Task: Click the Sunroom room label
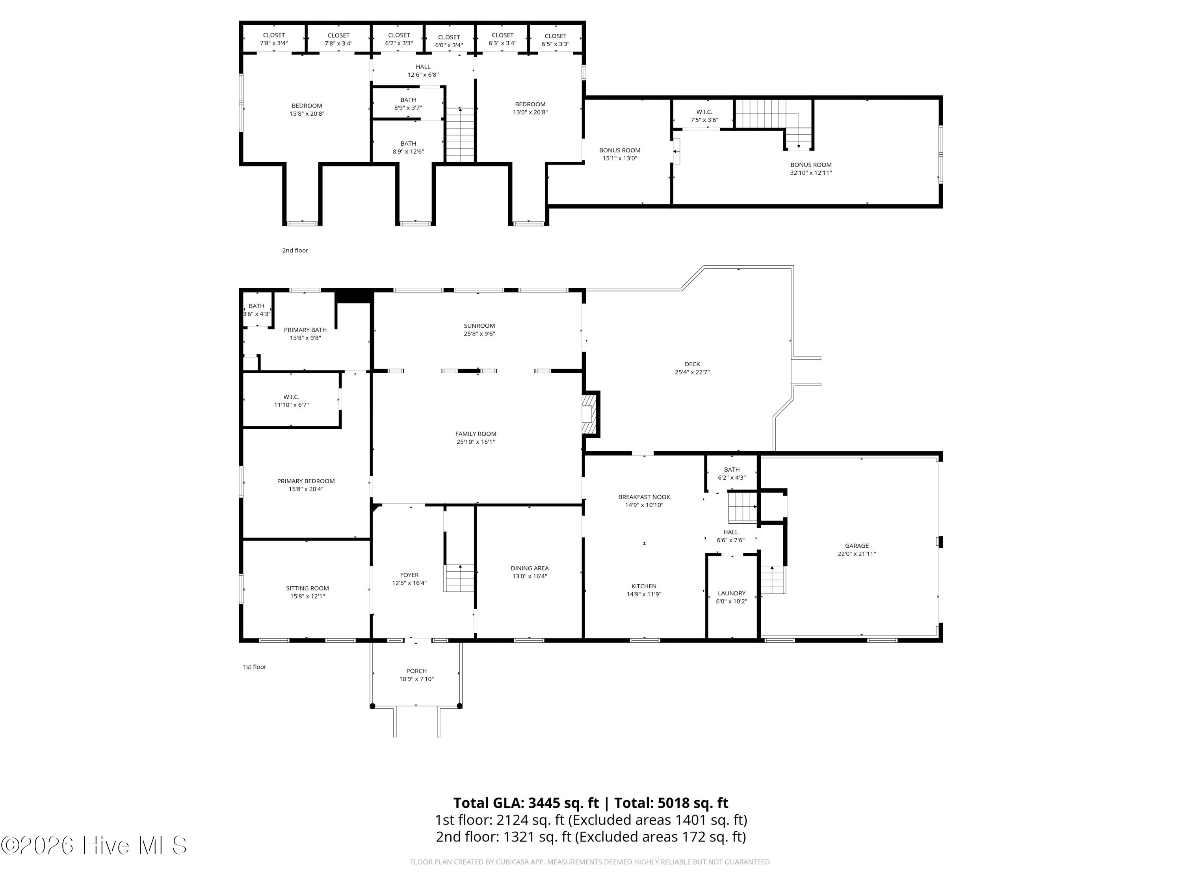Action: [x=479, y=326]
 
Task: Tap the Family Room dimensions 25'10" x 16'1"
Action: [x=476, y=442]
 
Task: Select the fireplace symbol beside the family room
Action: [x=589, y=414]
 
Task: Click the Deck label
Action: [x=692, y=364]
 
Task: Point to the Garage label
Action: [x=857, y=546]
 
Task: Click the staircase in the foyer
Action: [x=459, y=578]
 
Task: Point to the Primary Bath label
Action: [x=305, y=330]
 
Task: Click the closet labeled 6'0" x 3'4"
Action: [x=449, y=41]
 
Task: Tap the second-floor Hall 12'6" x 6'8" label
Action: [x=423, y=71]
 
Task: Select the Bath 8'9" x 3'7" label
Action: [x=408, y=104]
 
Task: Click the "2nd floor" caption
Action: [x=295, y=250]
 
